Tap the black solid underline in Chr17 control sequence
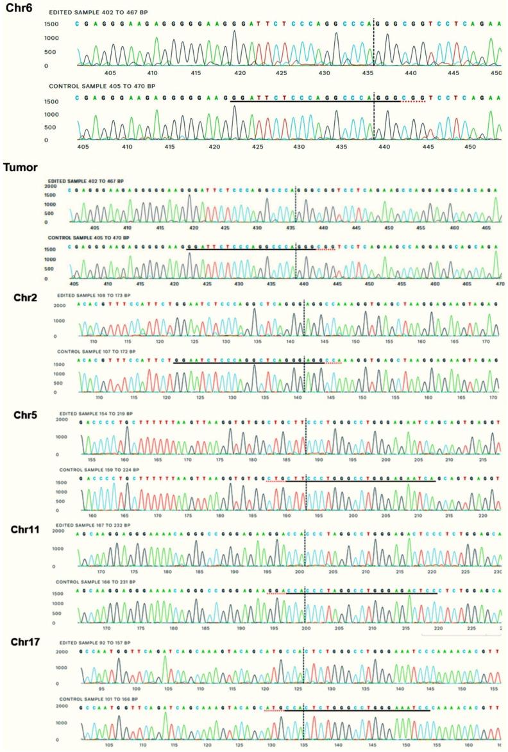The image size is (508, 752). click(356, 711)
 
